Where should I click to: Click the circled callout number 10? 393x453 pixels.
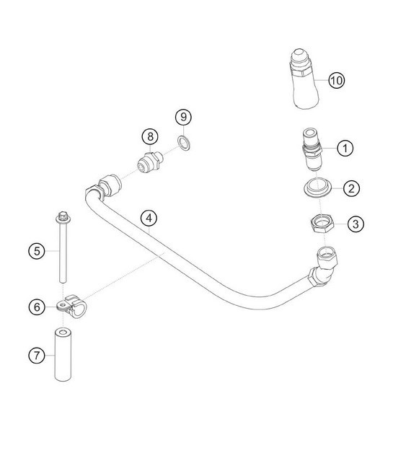coord(337,80)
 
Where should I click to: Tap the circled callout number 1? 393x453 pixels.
coord(345,148)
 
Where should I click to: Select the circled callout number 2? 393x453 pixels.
coord(351,188)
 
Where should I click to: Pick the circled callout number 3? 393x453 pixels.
coord(356,224)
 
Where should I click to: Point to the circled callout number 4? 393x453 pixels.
coord(149,218)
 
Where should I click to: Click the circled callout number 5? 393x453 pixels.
coord(37,251)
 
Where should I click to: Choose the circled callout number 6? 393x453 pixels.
coord(37,307)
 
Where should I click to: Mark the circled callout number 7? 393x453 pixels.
coord(37,355)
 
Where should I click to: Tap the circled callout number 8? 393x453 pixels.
coord(150,136)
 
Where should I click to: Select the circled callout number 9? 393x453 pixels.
coord(183,117)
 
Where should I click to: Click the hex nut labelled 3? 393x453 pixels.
coord(322,224)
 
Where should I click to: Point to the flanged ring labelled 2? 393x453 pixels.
coord(317,188)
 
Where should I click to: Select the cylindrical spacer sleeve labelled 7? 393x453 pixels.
coord(63,355)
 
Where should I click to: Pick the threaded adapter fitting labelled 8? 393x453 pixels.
coord(150,162)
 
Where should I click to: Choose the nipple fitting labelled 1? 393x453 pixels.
coord(312,150)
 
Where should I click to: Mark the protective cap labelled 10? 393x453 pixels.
coord(304,79)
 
